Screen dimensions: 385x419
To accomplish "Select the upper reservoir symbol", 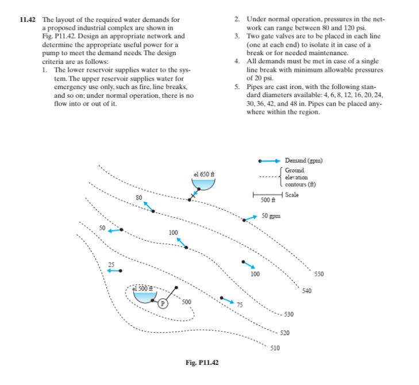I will coord(203,183).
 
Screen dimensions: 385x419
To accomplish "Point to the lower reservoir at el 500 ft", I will coord(143,294).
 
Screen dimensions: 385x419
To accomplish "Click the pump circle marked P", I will coord(163,303).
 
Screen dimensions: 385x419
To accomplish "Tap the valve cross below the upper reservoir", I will coord(194,197).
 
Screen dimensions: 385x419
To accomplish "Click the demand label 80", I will coord(139,197).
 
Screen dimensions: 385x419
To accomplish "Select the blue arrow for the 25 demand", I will coord(114,270).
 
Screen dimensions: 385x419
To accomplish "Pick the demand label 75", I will coord(240,305).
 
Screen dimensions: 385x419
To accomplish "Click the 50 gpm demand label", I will coord(271,216).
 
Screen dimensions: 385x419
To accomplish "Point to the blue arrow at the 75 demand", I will coord(228,299).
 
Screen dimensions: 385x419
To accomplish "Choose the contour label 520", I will coord(284,333).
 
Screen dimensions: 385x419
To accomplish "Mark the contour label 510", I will coord(275,348).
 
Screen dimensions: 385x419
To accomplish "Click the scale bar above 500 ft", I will coord(265,195).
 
